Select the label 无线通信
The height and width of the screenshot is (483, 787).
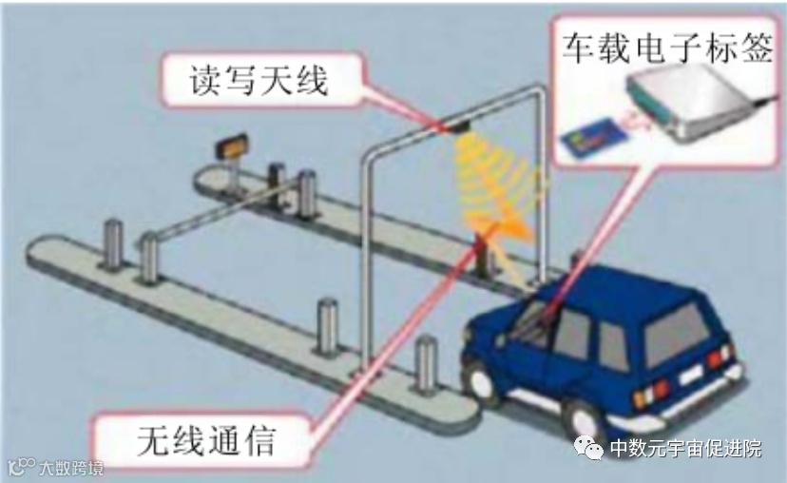click(x=208, y=440)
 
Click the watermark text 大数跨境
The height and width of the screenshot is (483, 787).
click(x=71, y=468)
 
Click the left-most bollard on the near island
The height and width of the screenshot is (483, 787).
click(x=113, y=244)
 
